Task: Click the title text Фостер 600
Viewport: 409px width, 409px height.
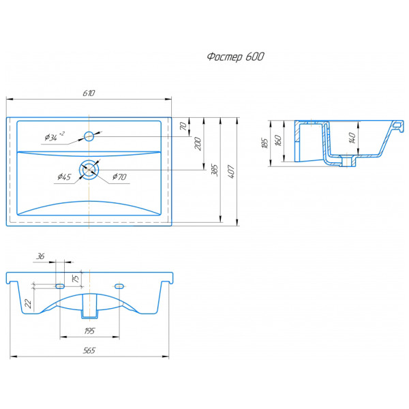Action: [235, 57]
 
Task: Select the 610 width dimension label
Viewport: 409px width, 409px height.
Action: [89, 93]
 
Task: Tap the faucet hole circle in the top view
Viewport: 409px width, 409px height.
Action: [89, 136]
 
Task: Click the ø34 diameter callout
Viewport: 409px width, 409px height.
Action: [55, 136]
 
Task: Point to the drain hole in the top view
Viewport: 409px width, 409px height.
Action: [89, 170]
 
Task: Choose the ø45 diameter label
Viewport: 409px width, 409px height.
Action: [64, 177]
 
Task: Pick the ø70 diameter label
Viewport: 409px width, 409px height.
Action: [119, 177]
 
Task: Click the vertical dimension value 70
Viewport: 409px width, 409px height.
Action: [183, 127]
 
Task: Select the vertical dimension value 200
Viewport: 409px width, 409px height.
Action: [198, 143]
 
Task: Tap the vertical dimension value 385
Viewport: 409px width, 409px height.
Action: [215, 170]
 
